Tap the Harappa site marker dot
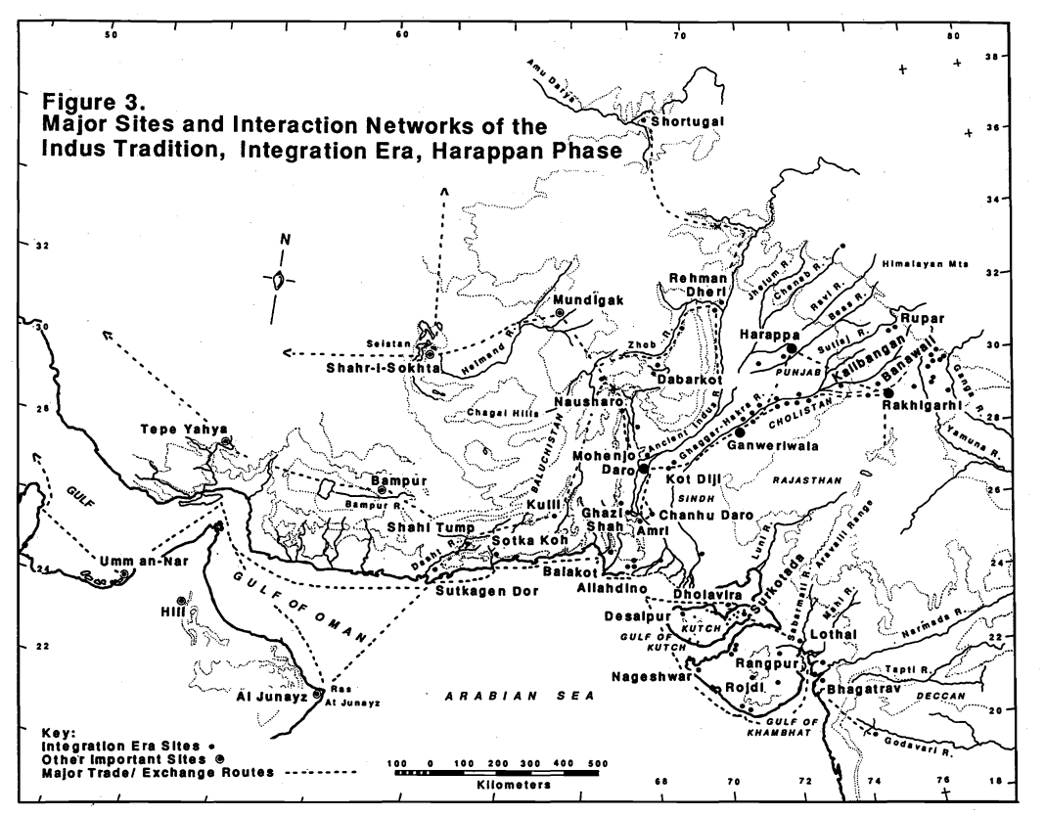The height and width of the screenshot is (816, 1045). (x=790, y=348)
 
